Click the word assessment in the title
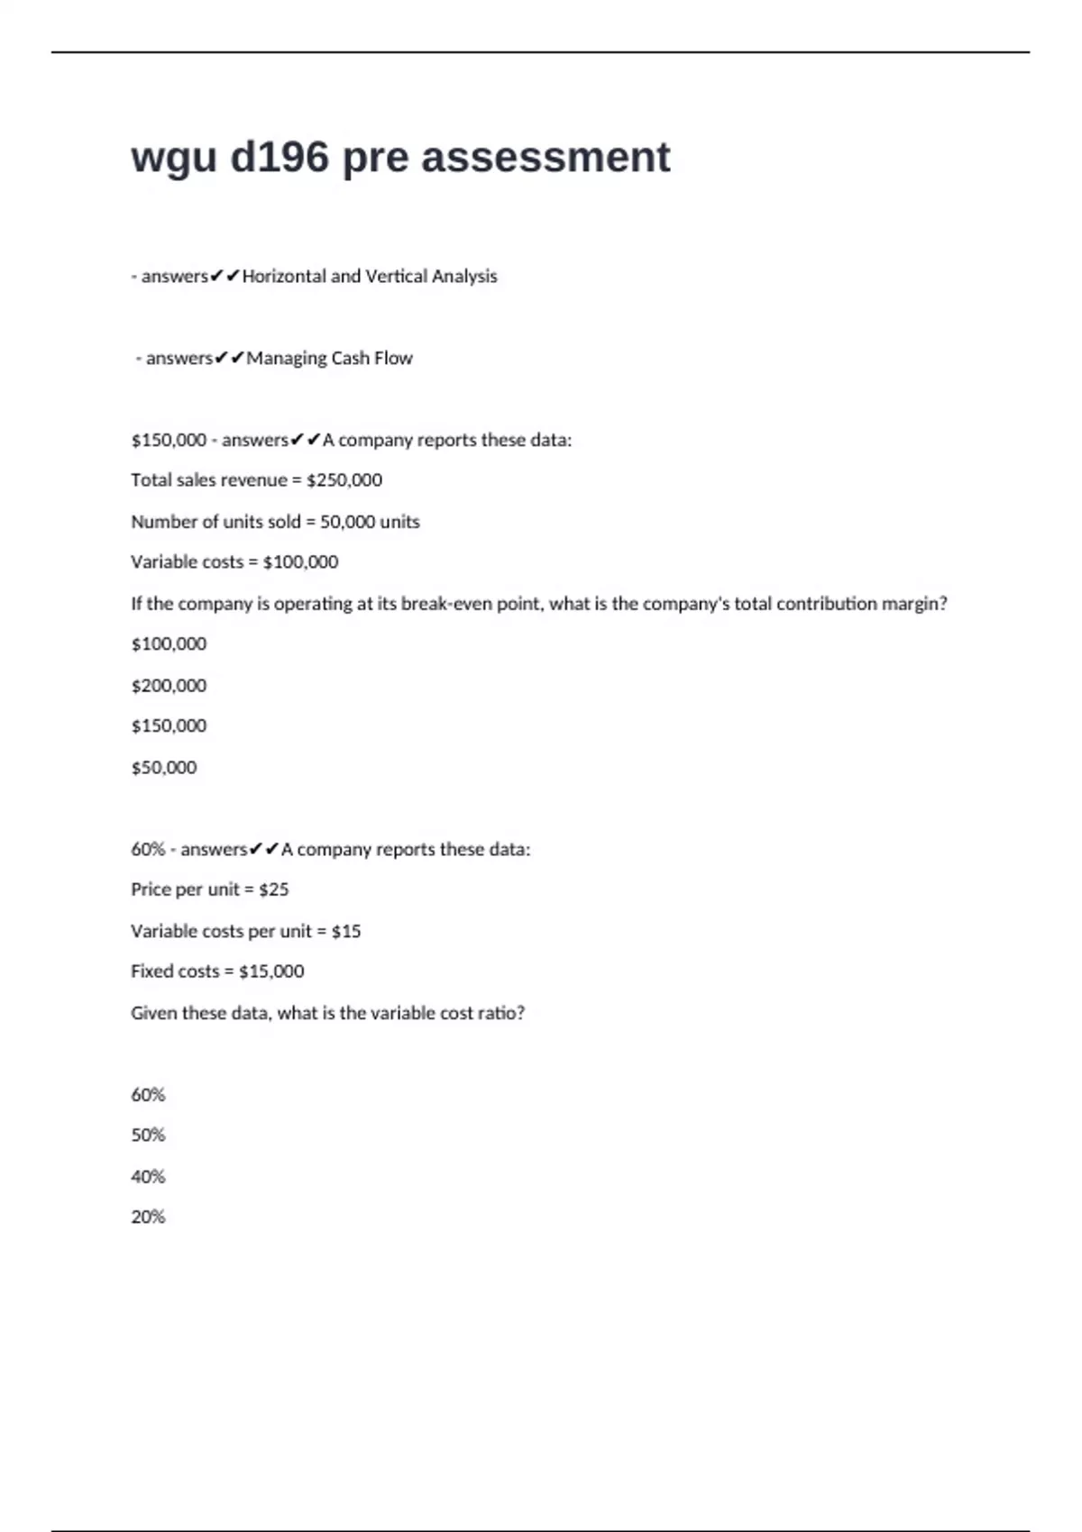click(546, 158)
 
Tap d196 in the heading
click(280, 158)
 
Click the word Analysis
click(463, 277)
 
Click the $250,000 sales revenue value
click(344, 480)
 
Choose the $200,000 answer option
click(169, 686)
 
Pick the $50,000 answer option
click(164, 768)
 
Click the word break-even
click(447, 604)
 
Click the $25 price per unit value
click(274, 890)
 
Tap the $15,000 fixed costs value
click(271, 971)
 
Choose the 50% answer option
click(148, 1135)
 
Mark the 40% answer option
click(148, 1177)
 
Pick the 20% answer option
click(148, 1217)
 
